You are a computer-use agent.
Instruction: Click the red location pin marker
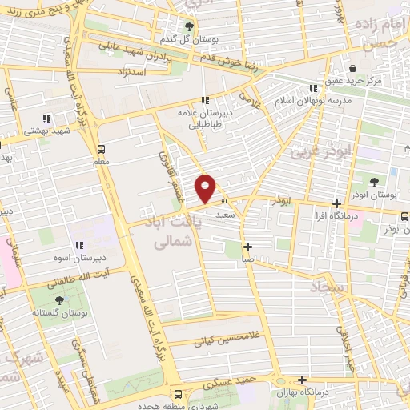(x=206, y=187)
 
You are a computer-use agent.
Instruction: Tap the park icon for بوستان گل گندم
(x=189, y=26)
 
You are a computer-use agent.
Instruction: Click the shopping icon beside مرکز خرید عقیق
(x=353, y=68)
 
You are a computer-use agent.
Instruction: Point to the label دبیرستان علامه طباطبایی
(x=204, y=119)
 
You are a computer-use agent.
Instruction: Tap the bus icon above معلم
(x=101, y=148)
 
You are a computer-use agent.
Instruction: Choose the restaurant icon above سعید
(x=225, y=203)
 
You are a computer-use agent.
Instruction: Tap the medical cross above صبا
(x=248, y=247)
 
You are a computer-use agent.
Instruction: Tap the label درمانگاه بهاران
(x=301, y=394)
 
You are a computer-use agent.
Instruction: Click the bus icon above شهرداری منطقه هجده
(x=177, y=394)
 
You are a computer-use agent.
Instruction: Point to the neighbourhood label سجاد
(x=328, y=286)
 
